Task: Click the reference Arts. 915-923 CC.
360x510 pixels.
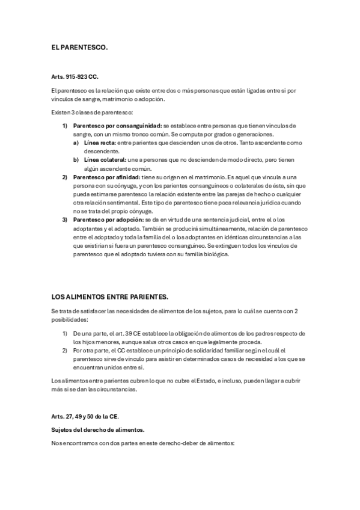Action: click(x=75, y=78)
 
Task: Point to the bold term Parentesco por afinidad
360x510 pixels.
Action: click(x=106, y=178)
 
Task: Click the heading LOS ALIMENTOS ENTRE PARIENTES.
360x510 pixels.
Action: click(x=110, y=296)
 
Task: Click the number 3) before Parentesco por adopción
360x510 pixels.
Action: click(x=65, y=220)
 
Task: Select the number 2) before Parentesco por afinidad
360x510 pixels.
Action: click(x=65, y=178)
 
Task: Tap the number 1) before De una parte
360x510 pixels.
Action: click(x=65, y=333)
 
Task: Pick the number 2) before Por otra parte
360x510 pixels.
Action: click(x=65, y=349)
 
